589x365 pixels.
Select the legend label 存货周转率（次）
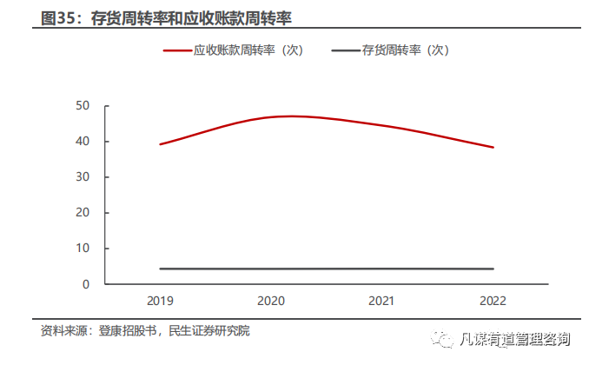point(405,50)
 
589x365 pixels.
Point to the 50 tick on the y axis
point(83,106)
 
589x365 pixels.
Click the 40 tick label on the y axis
point(83,142)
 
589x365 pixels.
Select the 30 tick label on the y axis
point(83,177)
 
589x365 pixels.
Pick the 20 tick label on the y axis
point(83,213)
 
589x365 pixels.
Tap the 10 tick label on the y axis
point(83,249)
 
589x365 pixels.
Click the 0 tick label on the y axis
point(86,284)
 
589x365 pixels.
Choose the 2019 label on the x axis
point(160,301)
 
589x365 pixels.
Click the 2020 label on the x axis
point(271,301)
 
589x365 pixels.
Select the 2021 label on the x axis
point(382,301)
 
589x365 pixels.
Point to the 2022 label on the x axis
point(493,301)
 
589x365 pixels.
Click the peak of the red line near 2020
point(291,116)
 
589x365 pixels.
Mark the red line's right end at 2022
point(493,147)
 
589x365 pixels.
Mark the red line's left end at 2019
point(160,144)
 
